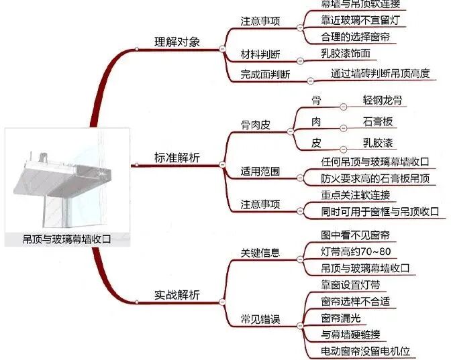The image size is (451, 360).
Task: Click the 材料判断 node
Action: tap(260, 54)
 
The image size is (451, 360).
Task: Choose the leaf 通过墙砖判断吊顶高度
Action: tap(380, 73)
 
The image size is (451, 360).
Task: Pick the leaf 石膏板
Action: tap(378, 121)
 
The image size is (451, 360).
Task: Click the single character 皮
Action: tap(316, 143)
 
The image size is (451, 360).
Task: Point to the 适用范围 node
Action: tap(260, 171)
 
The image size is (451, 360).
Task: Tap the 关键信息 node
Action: tap(260, 254)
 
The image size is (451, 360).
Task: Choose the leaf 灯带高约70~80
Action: tap(356, 253)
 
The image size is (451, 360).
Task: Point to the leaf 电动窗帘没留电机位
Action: tap(366, 351)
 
